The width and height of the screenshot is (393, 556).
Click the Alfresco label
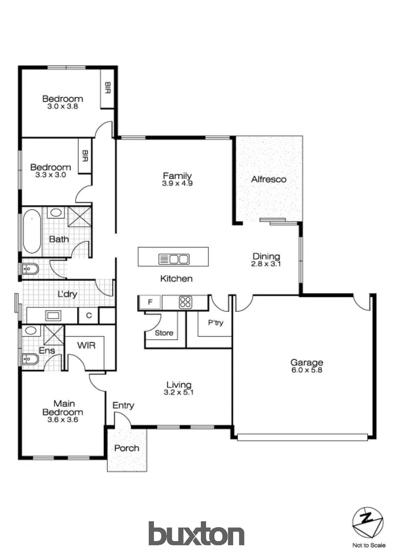269,179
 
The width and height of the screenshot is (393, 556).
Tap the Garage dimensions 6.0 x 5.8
306,370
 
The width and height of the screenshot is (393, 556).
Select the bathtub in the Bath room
32,231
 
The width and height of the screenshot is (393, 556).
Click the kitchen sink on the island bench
174,259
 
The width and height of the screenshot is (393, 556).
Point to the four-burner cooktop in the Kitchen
186,302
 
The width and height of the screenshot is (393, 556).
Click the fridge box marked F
150,302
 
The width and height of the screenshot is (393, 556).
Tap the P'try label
215,322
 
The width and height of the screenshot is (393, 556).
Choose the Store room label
164,333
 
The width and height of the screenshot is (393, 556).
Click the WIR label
86,345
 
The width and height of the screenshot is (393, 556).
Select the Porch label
126,448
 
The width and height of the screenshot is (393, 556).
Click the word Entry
123,405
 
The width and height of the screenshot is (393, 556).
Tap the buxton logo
196,533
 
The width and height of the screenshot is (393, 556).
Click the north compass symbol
368,523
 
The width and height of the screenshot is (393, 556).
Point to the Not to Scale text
369,545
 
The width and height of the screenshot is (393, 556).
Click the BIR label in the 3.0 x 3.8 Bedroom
107,88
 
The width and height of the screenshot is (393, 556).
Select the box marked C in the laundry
89,315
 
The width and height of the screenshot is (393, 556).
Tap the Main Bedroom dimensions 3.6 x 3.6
63,419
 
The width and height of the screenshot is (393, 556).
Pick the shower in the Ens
54,335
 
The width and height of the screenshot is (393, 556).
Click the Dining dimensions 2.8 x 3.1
266,264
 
